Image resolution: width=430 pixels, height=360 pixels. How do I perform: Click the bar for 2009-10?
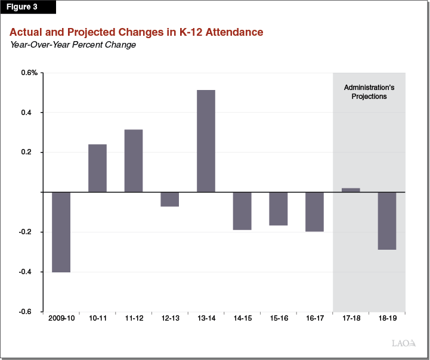[61, 232]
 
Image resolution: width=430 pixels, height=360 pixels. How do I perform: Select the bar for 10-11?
[97, 168]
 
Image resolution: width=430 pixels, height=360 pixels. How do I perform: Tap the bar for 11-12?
[134, 160]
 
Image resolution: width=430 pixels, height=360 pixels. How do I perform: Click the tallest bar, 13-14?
[206, 141]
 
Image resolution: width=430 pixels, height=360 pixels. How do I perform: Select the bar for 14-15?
[242, 210]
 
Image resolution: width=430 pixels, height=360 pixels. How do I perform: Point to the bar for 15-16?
[278, 209]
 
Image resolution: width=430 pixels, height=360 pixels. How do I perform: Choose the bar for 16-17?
[314, 212]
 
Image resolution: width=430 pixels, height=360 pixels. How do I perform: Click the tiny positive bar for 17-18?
[351, 190]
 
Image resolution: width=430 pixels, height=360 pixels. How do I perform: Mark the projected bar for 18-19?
[386, 221]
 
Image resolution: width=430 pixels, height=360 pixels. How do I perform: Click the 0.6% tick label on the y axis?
[29, 73]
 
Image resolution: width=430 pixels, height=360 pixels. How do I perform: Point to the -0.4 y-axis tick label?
[31, 272]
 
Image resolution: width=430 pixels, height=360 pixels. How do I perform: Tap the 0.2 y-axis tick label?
[32, 152]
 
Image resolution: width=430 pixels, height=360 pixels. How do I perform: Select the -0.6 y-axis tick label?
[31, 312]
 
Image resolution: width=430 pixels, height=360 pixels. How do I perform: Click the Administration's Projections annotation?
[369, 92]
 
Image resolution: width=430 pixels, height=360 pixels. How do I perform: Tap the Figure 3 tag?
[23, 7]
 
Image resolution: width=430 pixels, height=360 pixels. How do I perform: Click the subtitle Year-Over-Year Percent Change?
[72, 45]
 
